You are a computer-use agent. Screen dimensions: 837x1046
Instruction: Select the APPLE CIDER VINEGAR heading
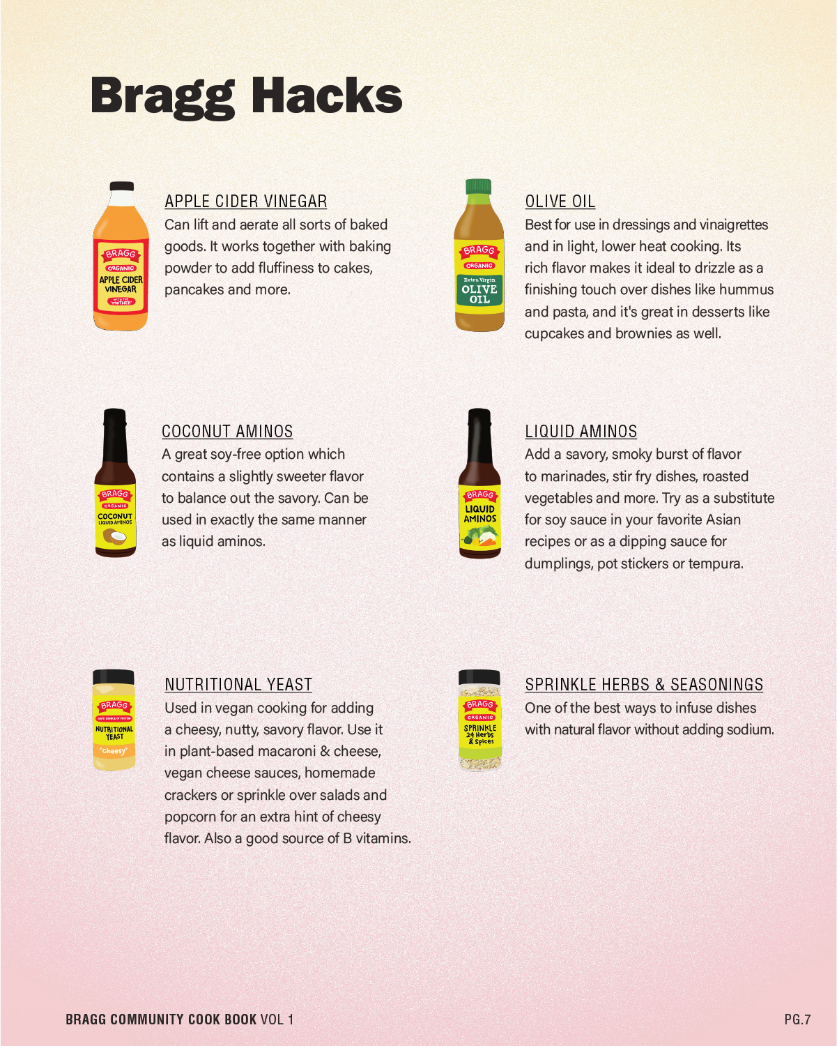click(246, 202)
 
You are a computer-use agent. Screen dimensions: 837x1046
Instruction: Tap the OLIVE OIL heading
click(560, 202)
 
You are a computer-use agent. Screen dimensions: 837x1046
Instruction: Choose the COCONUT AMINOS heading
click(227, 431)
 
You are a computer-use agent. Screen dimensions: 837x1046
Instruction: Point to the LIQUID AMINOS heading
click(581, 431)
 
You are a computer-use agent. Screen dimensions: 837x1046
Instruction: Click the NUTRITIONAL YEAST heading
click(238, 684)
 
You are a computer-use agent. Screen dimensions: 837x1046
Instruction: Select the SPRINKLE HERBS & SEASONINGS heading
click(644, 684)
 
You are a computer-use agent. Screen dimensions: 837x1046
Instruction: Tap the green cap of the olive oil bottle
click(479, 187)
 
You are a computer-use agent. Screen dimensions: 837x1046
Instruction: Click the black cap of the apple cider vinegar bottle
click(121, 186)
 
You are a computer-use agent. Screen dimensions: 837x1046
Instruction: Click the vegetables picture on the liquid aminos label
click(480, 537)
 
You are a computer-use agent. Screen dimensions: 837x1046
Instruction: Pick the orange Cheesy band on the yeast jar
click(114, 751)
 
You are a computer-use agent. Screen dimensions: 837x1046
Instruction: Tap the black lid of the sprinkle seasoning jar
click(479, 677)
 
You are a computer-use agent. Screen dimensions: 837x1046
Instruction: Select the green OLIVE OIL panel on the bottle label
click(479, 290)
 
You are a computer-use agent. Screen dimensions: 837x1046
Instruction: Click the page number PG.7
click(798, 1020)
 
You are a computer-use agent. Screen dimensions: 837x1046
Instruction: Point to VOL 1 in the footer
click(277, 1020)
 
